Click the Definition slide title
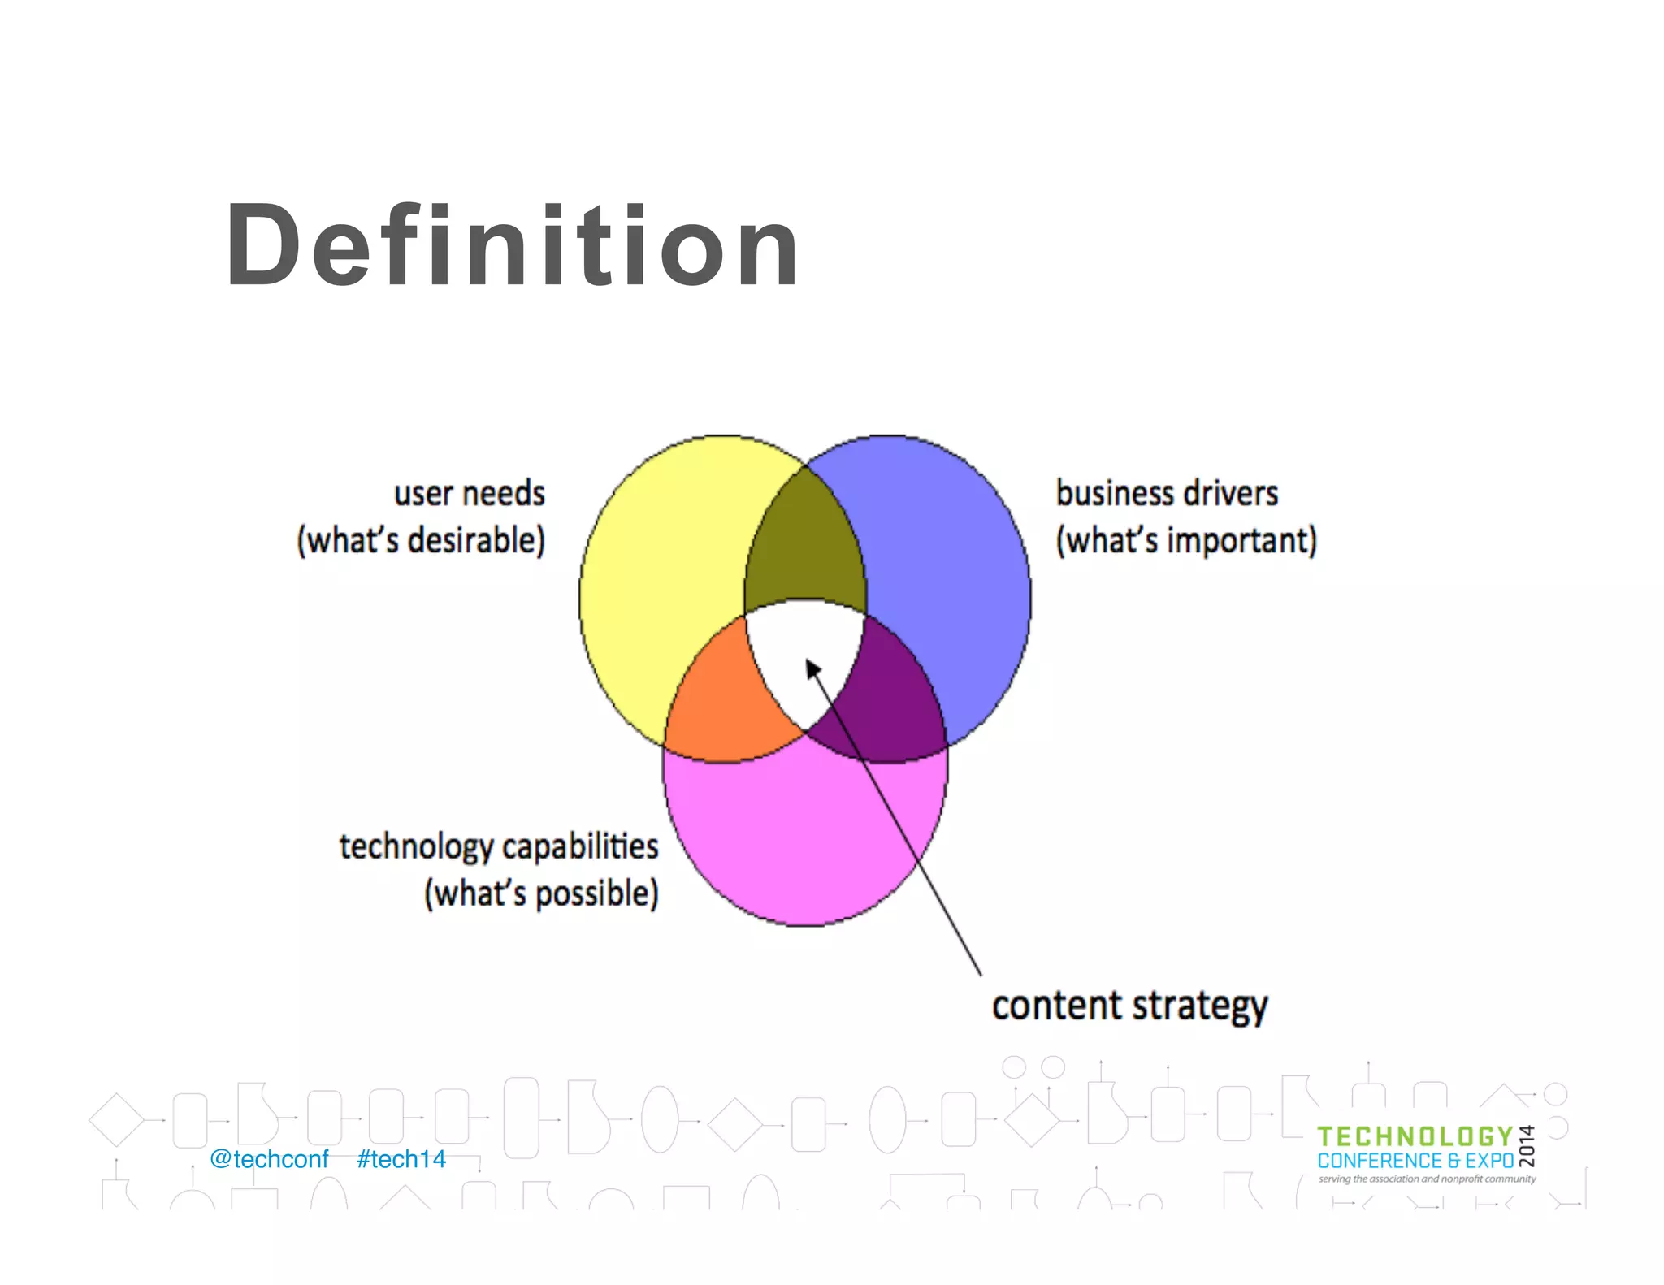pyautogui.click(x=512, y=245)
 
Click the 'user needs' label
pyautogui.click(x=469, y=494)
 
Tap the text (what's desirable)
pyautogui.click(x=421, y=541)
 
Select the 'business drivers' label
pyautogui.click(x=1167, y=494)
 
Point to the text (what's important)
pyautogui.click(x=1186, y=541)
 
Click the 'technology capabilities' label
pyautogui.click(x=498, y=847)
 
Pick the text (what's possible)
pyautogui.click(x=541, y=893)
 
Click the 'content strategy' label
pyautogui.click(x=1129, y=1006)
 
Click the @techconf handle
pyautogui.click(x=269, y=1159)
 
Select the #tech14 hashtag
pyautogui.click(x=401, y=1159)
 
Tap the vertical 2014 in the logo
pyautogui.click(x=1527, y=1146)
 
